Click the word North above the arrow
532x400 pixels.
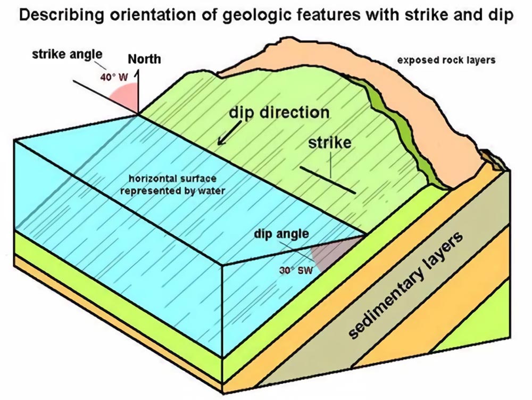144,59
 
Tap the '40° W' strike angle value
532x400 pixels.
114,77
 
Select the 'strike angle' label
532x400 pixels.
67,54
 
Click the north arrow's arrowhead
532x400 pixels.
138,74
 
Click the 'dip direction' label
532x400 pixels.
279,113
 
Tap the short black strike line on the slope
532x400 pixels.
328,180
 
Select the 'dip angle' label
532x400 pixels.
281,234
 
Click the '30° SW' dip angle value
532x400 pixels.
296,270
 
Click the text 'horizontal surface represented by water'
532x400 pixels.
173,185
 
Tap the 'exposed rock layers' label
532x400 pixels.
446,60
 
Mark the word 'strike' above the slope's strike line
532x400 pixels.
330,143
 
